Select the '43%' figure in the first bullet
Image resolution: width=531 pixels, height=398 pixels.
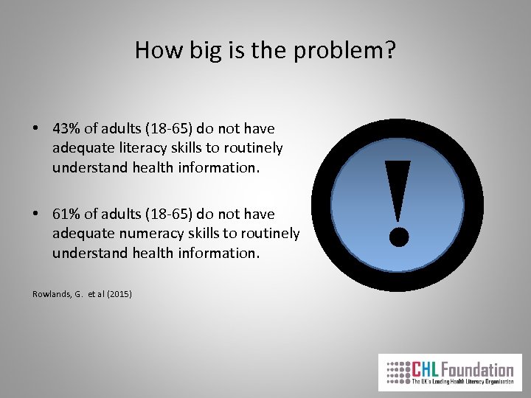click(x=68, y=128)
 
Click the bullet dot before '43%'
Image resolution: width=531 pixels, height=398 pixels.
click(x=36, y=129)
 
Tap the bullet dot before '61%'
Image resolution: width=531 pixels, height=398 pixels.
click(x=36, y=214)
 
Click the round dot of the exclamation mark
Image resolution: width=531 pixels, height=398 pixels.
click(x=398, y=237)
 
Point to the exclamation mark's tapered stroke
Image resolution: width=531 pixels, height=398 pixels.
click(x=398, y=188)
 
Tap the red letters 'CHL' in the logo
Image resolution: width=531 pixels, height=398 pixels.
click(x=427, y=369)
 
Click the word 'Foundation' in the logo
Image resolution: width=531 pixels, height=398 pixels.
click(x=479, y=369)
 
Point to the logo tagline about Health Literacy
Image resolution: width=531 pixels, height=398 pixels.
click(x=462, y=383)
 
